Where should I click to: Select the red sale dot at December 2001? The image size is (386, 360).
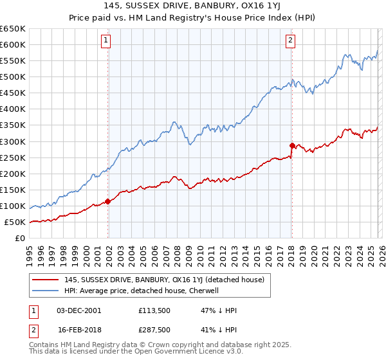pyautogui.click(x=107, y=201)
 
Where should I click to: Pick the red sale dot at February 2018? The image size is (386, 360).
pyautogui.click(x=292, y=145)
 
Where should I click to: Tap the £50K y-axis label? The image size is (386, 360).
pyautogui.click(x=15, y=222)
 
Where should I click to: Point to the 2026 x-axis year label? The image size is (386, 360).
pyautogui.click(x=382, y=249)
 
